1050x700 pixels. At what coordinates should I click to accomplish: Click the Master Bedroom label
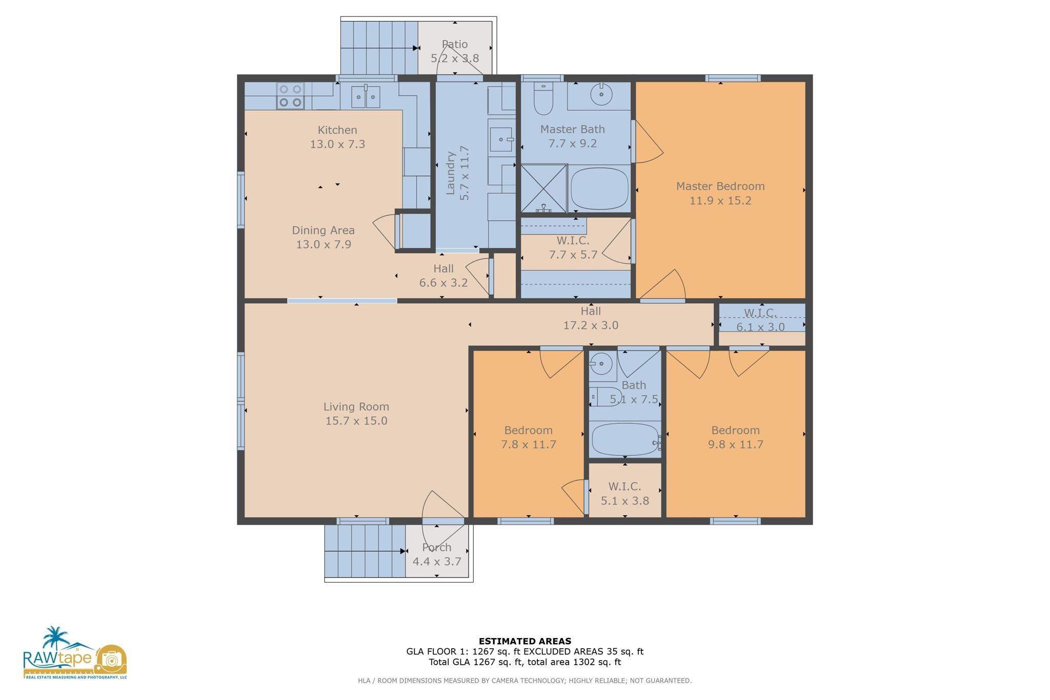point(720,187)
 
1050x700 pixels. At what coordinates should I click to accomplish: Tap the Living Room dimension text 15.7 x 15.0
point(356,421)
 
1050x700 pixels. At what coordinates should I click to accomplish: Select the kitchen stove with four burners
point(290,96)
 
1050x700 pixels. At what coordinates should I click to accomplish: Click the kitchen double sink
point(366,96)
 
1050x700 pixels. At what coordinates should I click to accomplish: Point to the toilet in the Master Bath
point(543,98)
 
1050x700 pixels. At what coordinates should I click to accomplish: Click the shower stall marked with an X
point(544,188)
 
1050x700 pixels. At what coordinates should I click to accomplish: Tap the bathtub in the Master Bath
point(599,188)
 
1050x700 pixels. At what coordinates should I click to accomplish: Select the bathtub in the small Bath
point(624,440)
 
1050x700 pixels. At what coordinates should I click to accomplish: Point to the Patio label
point(455,45)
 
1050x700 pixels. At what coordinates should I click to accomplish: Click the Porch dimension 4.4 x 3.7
point(437,562)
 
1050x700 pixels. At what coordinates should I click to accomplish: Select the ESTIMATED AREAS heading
point(525,641)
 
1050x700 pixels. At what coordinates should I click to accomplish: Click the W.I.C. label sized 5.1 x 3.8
point(624,487)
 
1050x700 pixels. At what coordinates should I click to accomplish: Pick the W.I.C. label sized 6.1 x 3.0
point(760,313)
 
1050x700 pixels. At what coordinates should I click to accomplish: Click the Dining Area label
point(324,231)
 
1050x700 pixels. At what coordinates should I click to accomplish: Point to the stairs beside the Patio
point(379,48)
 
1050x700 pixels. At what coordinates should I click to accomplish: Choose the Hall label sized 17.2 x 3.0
point(591,312)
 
